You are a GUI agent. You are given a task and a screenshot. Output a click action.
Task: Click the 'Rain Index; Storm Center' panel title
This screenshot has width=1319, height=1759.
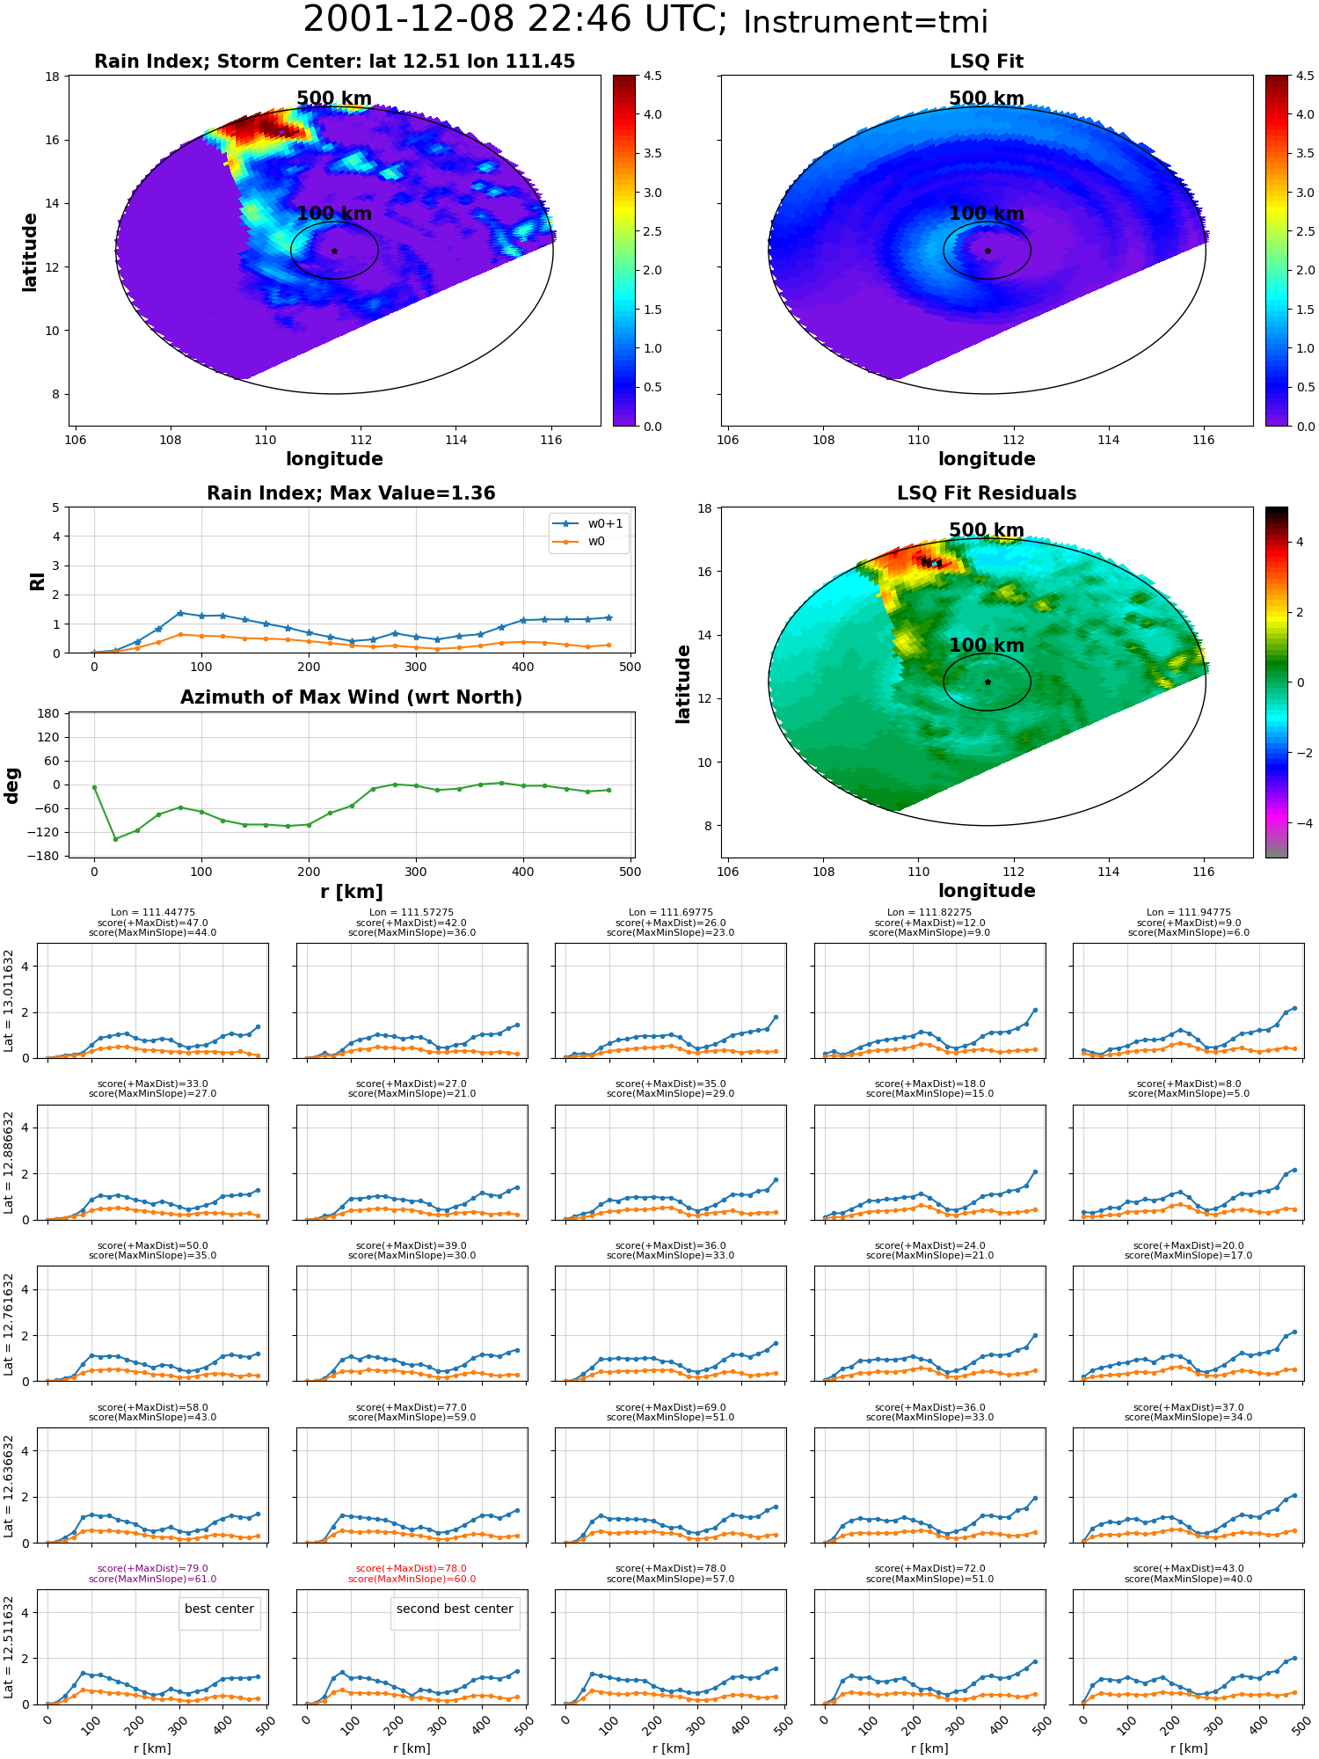(334, 62)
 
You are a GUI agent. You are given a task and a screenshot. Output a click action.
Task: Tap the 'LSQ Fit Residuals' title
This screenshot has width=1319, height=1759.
(987, 493)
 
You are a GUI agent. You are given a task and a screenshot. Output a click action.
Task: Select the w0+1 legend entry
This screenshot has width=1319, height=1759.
(588, 523)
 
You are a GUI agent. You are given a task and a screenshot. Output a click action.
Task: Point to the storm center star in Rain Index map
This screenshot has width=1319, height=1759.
(334, 251)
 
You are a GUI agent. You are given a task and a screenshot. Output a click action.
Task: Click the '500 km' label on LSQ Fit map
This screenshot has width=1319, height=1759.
(987, 99)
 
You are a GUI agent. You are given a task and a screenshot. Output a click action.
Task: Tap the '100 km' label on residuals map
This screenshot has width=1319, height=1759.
(987, 646)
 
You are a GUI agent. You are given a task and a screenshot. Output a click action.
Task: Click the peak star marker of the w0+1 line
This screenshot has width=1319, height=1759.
(180, 613)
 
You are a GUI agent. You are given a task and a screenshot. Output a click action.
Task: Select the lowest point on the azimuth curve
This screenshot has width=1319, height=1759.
(115, 839)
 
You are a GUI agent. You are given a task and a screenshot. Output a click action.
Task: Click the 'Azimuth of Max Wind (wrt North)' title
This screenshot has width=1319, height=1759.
(351, 697)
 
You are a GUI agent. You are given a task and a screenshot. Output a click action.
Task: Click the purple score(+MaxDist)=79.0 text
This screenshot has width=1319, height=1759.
(152, 1568)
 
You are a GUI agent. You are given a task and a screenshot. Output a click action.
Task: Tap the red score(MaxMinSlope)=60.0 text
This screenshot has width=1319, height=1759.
(412, 1579)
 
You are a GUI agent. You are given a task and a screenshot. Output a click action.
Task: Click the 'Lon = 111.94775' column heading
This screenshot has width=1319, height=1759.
(1189, 912)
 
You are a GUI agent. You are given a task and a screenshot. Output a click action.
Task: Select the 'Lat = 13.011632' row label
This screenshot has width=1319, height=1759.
(10, 1001)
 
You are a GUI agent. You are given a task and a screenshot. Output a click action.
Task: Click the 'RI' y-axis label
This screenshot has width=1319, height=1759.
(37, 581)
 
